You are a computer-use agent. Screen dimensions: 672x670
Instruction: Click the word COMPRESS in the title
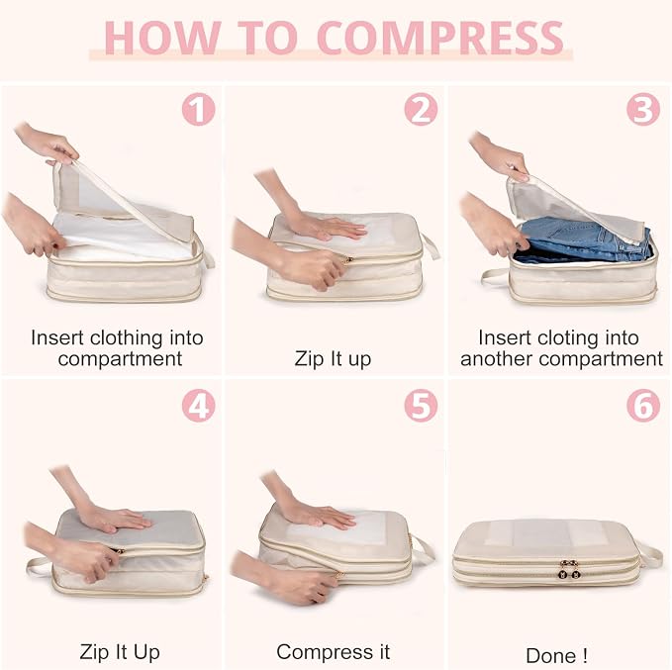(x=441, y=38)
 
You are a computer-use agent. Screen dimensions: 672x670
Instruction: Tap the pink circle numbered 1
(x=198, y=109)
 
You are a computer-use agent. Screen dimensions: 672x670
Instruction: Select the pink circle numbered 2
(x=421, y=109)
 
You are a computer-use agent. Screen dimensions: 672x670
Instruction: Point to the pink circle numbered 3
(x=643, y=109)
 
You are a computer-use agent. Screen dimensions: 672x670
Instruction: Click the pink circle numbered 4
(x=198, y=406)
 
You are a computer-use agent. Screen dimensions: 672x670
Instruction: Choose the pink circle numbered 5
(x=421, y=406)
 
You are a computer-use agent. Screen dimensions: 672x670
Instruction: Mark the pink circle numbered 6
(x=643, y=406)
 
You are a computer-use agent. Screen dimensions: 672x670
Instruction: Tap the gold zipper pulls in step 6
(x=570, y=570)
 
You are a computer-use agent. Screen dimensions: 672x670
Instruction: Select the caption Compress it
(x=333, y=652)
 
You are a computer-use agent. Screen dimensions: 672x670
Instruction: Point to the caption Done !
(x=556, y=656)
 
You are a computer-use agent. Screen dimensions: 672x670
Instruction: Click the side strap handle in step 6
(x=647, y=554)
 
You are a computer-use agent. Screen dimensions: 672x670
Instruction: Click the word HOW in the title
(x=163, y=38)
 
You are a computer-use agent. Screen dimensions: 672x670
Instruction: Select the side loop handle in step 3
(x=496, y=276)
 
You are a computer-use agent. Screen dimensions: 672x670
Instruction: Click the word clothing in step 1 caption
(x=127, y=337)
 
